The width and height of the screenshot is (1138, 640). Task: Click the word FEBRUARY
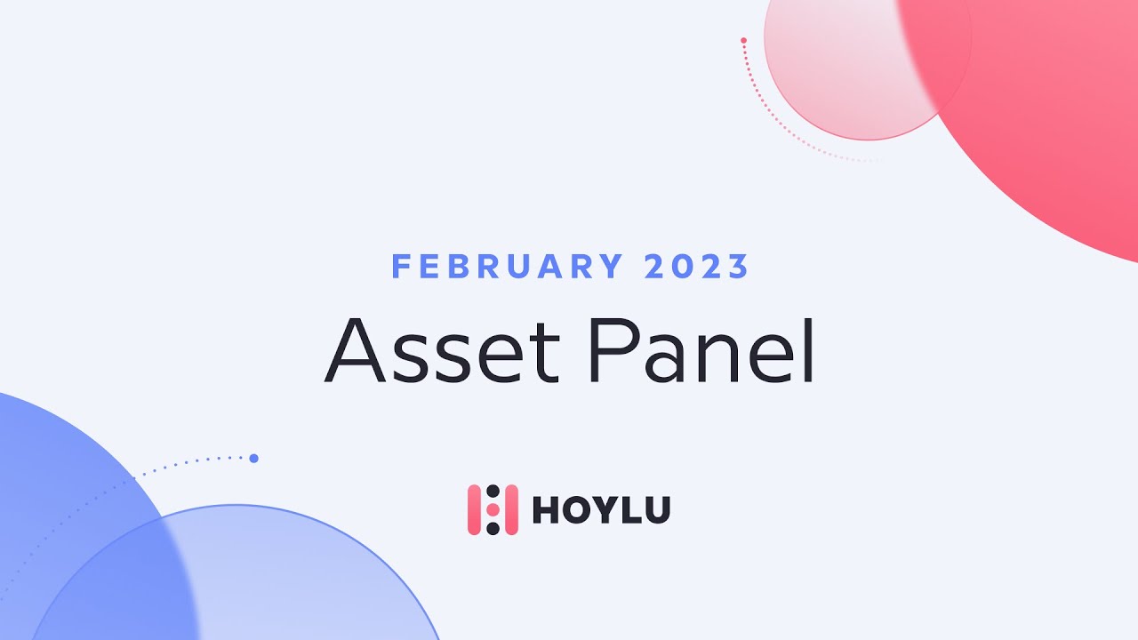(x=508, y=267)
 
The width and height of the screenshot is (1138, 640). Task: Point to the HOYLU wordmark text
(x=601, y=510)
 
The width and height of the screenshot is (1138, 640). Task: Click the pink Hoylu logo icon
(x=493, y=510)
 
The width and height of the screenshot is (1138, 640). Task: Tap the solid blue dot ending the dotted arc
(x=253, y=459)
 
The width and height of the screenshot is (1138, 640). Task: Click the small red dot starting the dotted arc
(x=743, y=40)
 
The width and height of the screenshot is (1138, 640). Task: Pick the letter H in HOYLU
(x=544, y=510)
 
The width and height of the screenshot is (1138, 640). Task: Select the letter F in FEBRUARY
(x=401, y=267)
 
